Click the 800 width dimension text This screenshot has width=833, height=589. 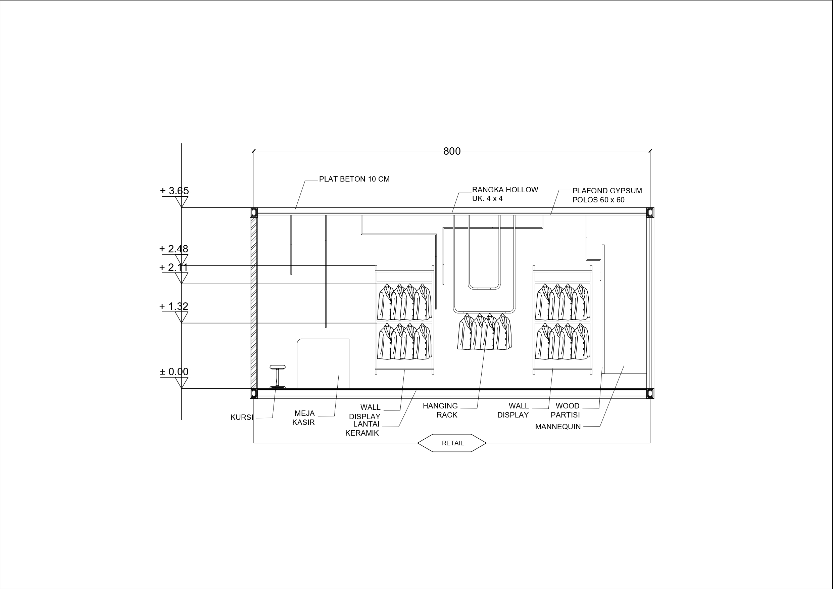(x=452, y=151)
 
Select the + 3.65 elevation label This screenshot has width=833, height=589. (x=175, y=191)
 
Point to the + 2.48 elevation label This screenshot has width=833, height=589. (x=174, y=249)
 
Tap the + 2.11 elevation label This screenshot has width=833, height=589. (x=174, y=267)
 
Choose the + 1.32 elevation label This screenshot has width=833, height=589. (x=174, y=306)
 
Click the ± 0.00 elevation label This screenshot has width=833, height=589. (x=175, y=372)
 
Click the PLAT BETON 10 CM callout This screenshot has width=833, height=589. (x=354, y=179)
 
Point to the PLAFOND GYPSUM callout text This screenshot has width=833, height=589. (x=607, y=195)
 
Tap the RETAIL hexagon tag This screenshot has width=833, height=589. (x=452, y=443)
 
